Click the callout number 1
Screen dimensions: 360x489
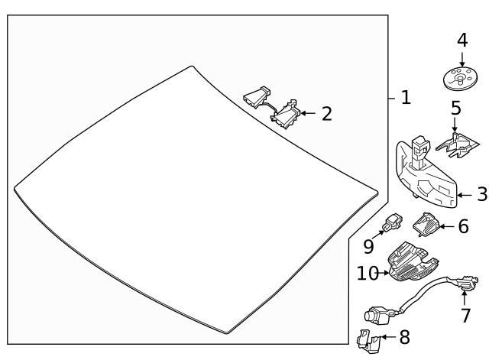tap(406, 98)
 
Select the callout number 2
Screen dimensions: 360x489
tap(327, 114)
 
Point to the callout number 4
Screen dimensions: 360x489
tap(461, 40)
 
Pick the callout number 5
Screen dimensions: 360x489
tap(455, 107)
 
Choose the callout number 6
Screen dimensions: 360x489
tap(463, 227)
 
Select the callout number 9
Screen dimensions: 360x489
tap(368, 246)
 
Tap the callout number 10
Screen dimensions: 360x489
tap(368, 272)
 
